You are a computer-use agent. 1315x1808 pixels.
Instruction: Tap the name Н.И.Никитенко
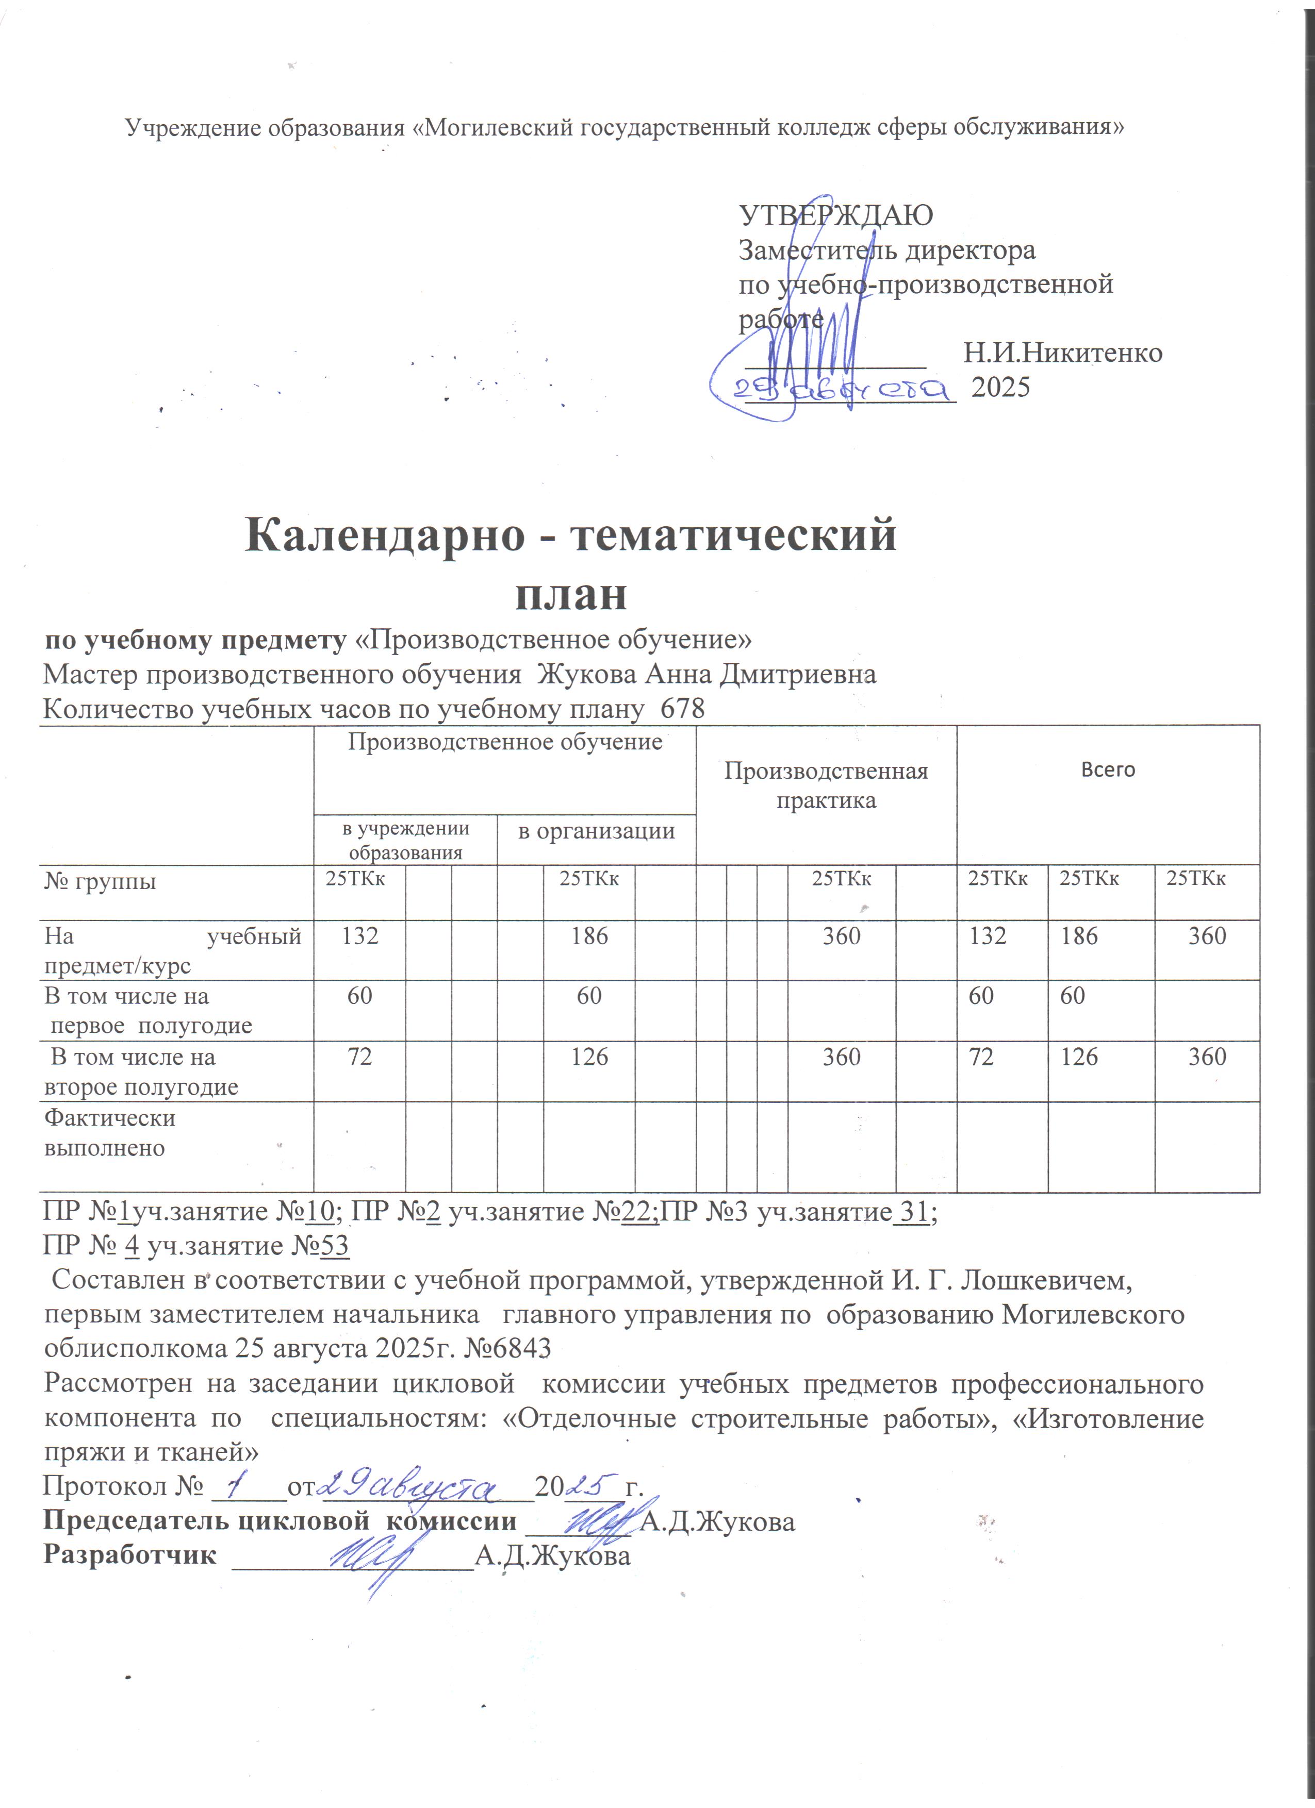point(1062,353)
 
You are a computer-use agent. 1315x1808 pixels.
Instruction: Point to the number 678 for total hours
point(683,709)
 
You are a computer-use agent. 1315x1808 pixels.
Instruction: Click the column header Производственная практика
point(826,785)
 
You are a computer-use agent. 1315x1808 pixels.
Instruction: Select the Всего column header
point(1108,769)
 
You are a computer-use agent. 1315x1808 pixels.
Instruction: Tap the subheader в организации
point(597,831)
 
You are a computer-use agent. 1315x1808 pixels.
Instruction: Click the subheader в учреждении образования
point(405,840)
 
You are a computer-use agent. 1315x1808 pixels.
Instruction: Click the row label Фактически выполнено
point(109,1133)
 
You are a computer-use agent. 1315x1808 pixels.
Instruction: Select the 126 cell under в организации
point(589,1057)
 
